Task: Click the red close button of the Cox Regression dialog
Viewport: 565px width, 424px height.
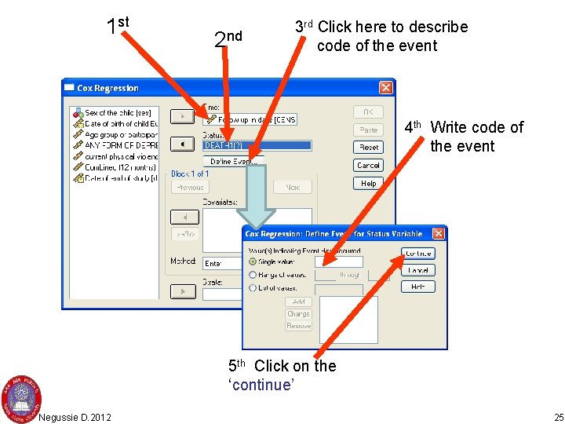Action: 385,88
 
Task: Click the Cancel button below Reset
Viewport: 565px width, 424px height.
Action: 368,166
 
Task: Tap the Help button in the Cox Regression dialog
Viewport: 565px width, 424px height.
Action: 368,183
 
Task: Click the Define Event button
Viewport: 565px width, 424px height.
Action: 232,162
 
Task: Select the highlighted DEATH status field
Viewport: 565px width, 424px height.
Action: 257,145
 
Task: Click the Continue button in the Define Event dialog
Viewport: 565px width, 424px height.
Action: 418,254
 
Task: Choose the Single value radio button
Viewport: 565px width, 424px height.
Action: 253,261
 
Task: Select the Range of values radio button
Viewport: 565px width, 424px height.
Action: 253,275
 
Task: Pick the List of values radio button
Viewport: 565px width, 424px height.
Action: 253,288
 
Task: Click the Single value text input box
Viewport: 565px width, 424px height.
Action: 338,261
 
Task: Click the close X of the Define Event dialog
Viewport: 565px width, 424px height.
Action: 438,233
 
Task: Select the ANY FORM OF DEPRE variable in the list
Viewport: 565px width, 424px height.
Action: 118,145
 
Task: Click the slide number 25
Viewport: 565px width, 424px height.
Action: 558,416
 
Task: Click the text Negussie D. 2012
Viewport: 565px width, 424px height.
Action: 75,416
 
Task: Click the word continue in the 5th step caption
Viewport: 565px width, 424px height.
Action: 263,384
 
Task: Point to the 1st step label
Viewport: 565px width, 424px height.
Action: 117,24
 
